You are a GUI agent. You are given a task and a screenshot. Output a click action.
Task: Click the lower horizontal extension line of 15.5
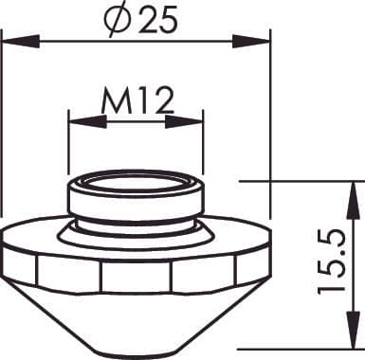pyautogui.click(x=284, y=349)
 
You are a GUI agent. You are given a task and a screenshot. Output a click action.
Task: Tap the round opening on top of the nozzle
pyautogui.click(x=137, y=179)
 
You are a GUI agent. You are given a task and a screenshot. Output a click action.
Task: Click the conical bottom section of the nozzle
pyautogui.click(x=137, y=317)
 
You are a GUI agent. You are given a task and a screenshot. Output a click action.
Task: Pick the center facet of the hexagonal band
pyautogui.click(x=137, y=276)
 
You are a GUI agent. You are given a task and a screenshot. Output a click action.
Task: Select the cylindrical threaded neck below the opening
pyautogui.click(x=137, y=204)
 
